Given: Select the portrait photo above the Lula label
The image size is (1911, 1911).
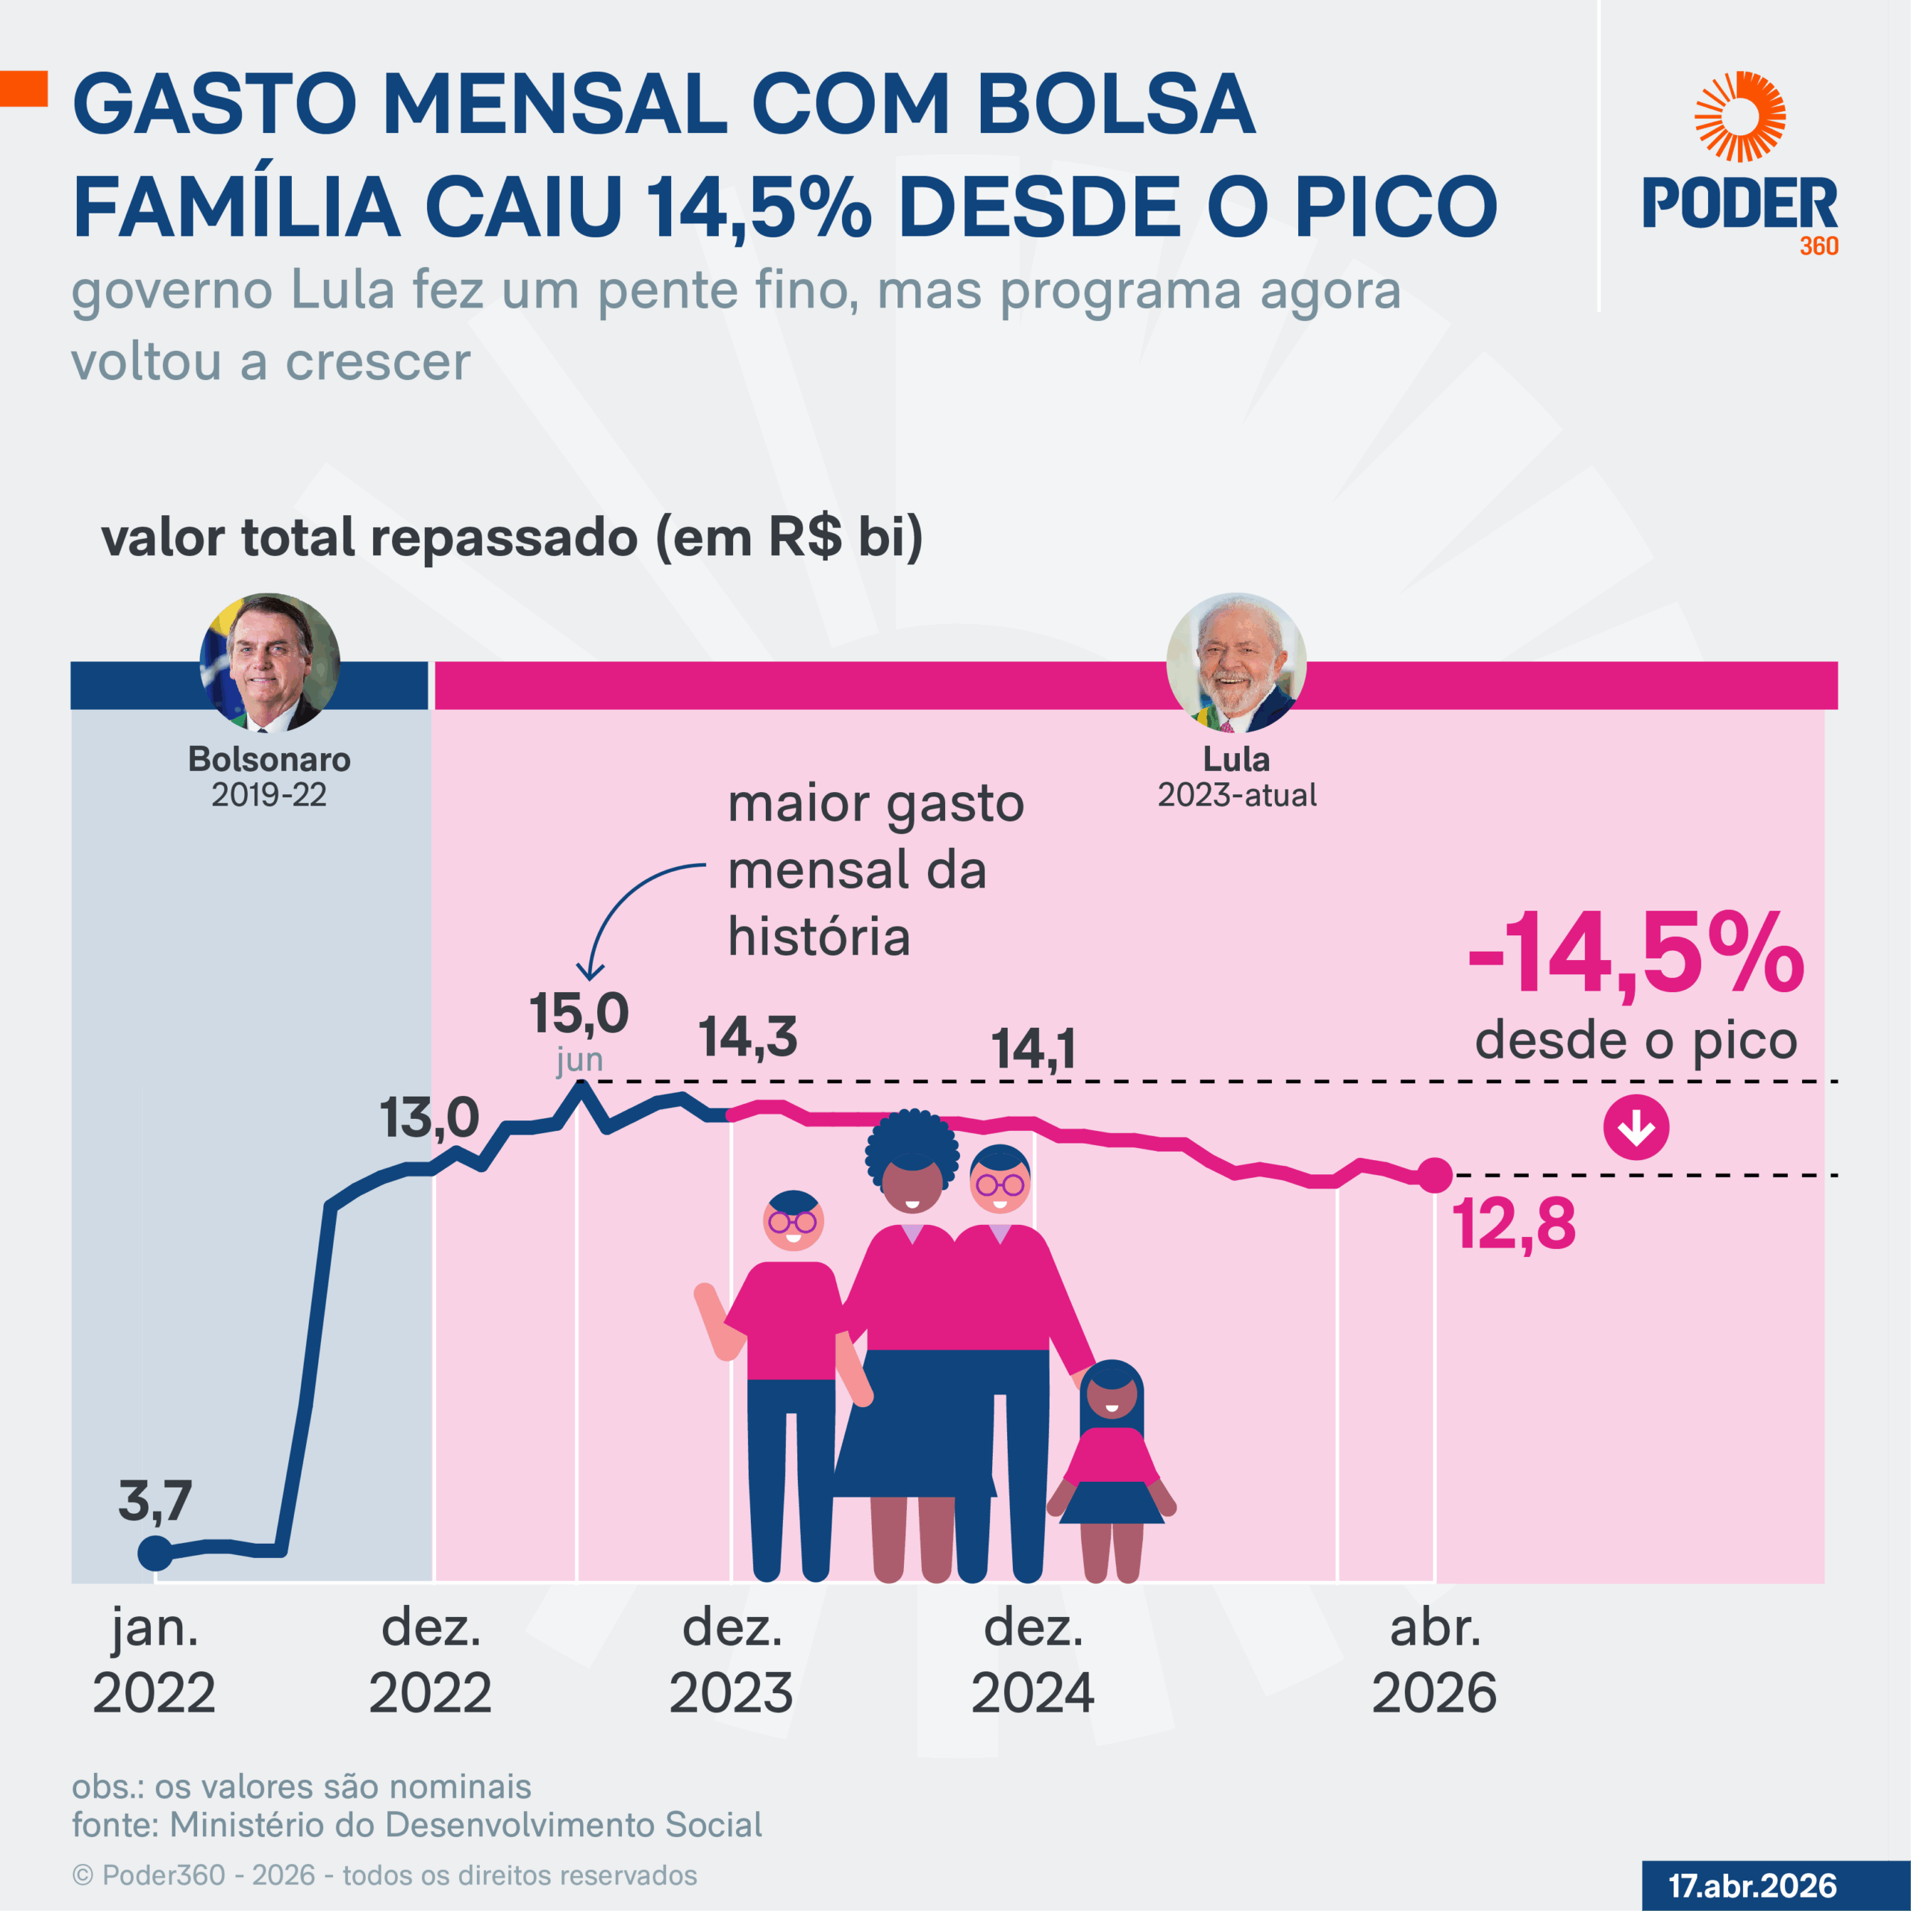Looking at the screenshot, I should point(1235,661).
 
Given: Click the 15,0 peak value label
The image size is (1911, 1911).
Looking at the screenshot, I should point(579,1013).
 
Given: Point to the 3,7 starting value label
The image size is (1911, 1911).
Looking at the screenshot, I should point(155,1500).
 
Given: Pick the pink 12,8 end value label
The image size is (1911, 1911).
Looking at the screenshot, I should point(1512,1223).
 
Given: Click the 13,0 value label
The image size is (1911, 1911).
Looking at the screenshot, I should point(429,1117).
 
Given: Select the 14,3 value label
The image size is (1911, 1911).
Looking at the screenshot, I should point(748,1038).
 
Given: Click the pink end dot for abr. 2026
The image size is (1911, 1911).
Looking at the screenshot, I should point(1434,1175).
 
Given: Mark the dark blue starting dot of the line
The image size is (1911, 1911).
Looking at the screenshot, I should point(155,1553).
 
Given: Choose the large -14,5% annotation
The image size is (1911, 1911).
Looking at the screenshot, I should point(1636,955).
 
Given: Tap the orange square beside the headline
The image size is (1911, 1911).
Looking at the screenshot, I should point(24,88).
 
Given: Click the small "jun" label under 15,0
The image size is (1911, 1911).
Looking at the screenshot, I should point(579,1059).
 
